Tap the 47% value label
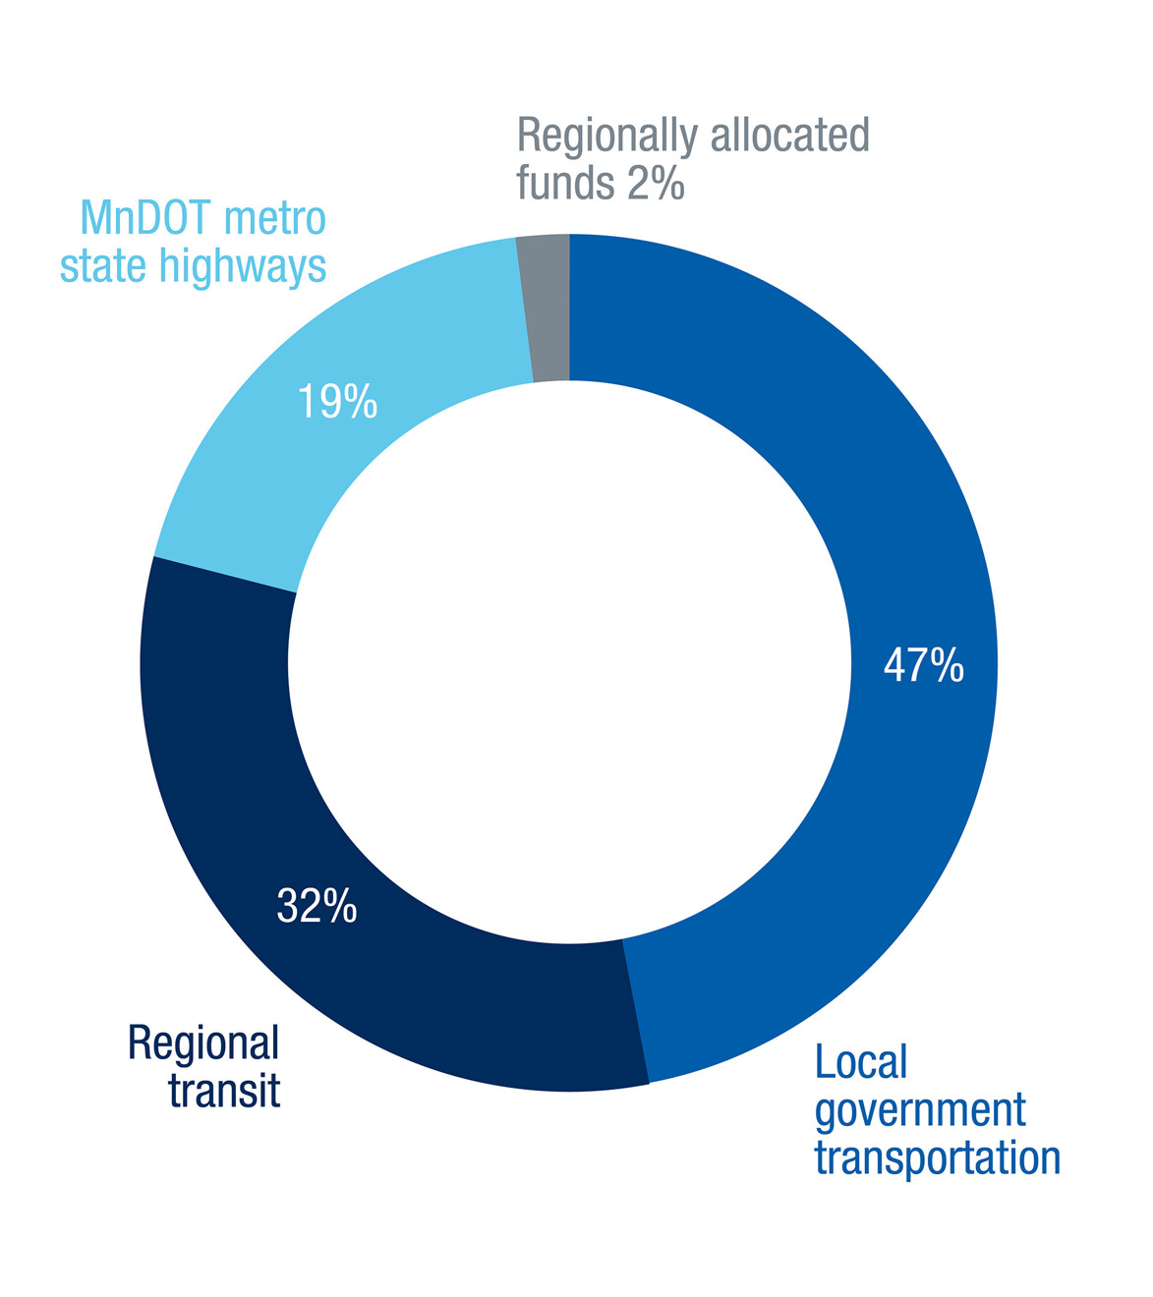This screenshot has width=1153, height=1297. click(923, 666)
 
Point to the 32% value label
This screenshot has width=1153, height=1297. click(317, 906)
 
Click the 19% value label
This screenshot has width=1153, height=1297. click(337, 402)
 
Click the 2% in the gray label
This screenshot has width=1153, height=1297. click(656, 183)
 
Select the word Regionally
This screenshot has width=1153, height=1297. click(606, 138)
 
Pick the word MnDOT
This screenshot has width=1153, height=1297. click(146, 218)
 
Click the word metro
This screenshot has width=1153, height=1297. click(275, 219)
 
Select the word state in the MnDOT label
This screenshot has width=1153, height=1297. click(103, 266)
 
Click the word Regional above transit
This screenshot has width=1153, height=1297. click(203, 1043)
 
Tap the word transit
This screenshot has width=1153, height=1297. click(224, 1090)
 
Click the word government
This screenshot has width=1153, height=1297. click(920, 1111)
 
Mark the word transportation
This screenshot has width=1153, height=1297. click(937, 1158)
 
